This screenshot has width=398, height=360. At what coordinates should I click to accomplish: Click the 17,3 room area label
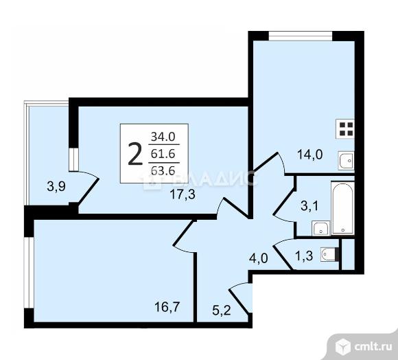tap(183, 194)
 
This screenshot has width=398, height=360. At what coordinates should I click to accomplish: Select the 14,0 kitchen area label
tap(310, 155)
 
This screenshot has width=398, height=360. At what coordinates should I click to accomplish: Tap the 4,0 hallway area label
tap(257, 260)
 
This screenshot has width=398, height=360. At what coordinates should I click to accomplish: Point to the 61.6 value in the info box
tap(163, 154)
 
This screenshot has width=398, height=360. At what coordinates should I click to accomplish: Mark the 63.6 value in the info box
tap(163, 172)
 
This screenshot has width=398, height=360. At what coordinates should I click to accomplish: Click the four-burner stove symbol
tap(346, 128)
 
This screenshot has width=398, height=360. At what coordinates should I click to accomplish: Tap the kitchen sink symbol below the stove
tap(347, 161)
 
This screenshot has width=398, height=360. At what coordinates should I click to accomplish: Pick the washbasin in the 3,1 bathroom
tap(319, 228)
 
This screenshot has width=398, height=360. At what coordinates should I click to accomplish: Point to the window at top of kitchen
tap(301, 35)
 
